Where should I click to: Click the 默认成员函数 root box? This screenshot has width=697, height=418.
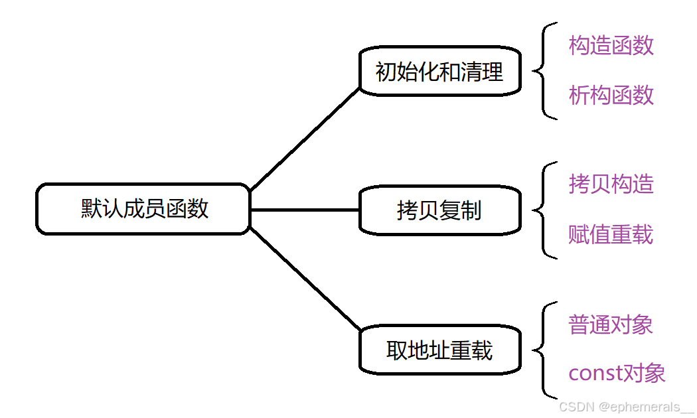143,209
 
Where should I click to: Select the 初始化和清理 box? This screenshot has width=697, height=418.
439,71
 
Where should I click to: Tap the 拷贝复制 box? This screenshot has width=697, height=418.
439,211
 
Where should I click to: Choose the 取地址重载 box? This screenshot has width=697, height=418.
439,350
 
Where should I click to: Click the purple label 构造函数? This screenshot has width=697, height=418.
611,46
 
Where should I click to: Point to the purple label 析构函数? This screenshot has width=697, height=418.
611,96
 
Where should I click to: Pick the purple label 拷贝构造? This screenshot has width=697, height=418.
611,184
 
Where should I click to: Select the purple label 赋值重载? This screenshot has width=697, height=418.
611,234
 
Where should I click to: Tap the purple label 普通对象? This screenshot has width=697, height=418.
611,324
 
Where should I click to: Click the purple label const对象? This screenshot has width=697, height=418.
617,374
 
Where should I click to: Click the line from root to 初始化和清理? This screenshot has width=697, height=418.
305,139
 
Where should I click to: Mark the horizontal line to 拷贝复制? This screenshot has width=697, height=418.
305,210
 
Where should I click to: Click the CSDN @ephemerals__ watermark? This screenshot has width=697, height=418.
625,407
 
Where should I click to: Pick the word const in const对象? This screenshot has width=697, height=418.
593,374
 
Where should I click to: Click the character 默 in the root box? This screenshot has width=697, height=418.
91,209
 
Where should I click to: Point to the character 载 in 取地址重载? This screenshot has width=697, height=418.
483,350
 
